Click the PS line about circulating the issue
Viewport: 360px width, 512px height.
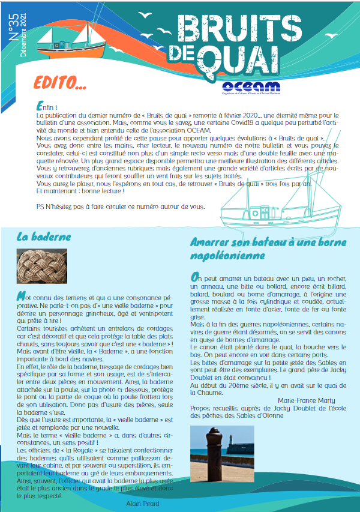[x=120, y=206]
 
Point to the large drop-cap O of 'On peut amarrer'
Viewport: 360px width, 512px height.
[x=195, y=277]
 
